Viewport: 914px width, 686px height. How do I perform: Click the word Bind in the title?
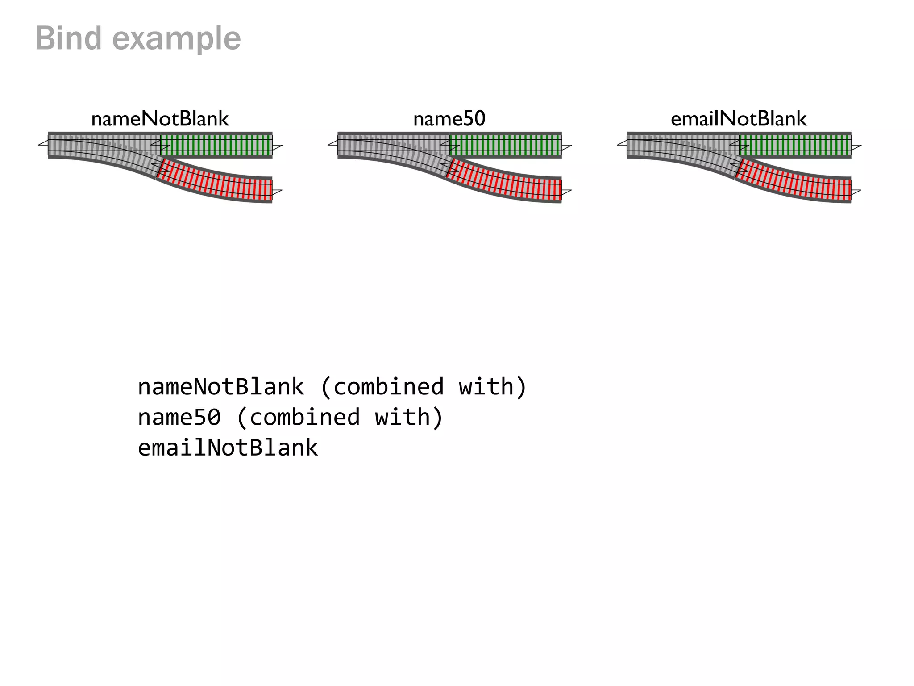coord(68,38)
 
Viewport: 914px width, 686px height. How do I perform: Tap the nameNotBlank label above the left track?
coord(160,119)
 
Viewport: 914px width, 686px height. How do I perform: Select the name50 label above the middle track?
coord(449,119)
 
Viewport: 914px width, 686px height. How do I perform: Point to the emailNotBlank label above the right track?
coord(739,119)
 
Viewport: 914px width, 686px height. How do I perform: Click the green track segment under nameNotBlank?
coord(216,145)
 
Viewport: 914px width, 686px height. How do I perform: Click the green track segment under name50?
coord(506,145)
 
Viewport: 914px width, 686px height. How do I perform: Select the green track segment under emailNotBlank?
coord(795,145)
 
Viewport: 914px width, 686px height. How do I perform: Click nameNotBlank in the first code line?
coord(221,387)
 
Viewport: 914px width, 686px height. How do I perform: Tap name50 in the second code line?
coord(179,418)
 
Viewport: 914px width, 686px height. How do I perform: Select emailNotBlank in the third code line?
coord(228,448)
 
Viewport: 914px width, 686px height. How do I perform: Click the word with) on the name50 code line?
coord(409,418)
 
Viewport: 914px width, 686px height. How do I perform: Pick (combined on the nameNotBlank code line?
coord(382,387)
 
